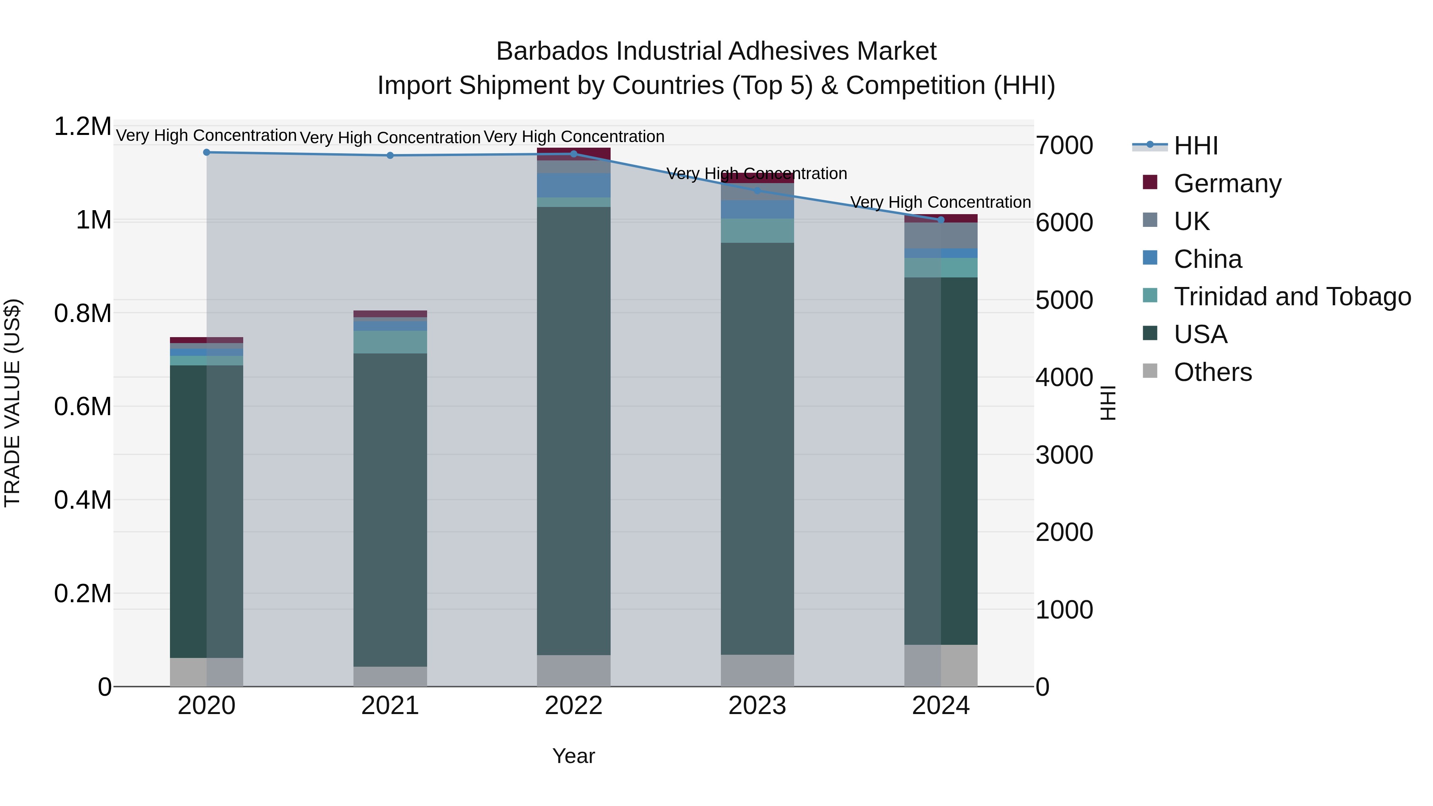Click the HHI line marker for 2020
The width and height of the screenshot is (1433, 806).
(x=206, y=152)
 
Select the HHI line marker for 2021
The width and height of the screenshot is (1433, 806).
(x=390, y=156)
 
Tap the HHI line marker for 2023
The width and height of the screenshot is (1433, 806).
(x=757, y=191)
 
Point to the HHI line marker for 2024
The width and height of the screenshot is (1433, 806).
(x=941, y=220)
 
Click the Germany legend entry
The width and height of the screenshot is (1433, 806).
(x=1227, y=183)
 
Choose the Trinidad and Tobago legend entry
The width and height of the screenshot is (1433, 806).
(x=1292, y=297)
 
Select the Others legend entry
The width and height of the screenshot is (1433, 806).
(x=1213, y=372)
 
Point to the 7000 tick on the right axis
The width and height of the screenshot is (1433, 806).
(x=1064, y=146)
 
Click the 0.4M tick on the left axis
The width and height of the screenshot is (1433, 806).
(x=82, y=500)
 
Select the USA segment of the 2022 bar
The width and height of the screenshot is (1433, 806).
(x=574, y=431)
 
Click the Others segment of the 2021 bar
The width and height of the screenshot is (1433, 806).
(x=390, y=676)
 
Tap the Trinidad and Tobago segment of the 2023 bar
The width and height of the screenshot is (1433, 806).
(x=757, y=231)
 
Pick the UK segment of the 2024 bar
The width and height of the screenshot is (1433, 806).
(x=941, y=235)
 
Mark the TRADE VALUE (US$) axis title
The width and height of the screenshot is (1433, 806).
(x=12, y=403)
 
